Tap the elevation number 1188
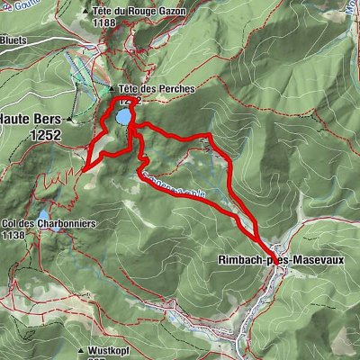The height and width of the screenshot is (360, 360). (x=131, y=22)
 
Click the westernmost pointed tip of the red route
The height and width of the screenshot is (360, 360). (x=83, y=168)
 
